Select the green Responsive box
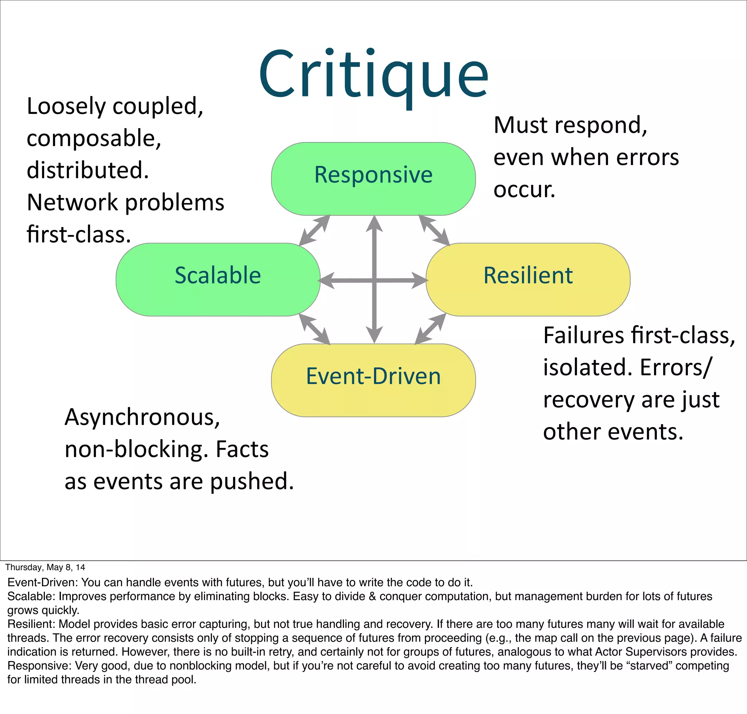[x=373, y=178]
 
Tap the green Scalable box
[x=217, y=279]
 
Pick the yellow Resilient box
[x=528, y=279]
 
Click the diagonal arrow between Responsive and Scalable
[x=314, y=230]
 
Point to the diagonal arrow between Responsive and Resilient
[x=434, y=230]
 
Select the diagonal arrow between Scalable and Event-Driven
[x=314, y=329]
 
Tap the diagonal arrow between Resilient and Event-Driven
[x=430, y=329]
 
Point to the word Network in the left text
[x=72, y=202]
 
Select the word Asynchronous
[x=142, y=417]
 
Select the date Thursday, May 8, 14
[x=45, y=567]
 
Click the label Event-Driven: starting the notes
[x=43, y=582]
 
